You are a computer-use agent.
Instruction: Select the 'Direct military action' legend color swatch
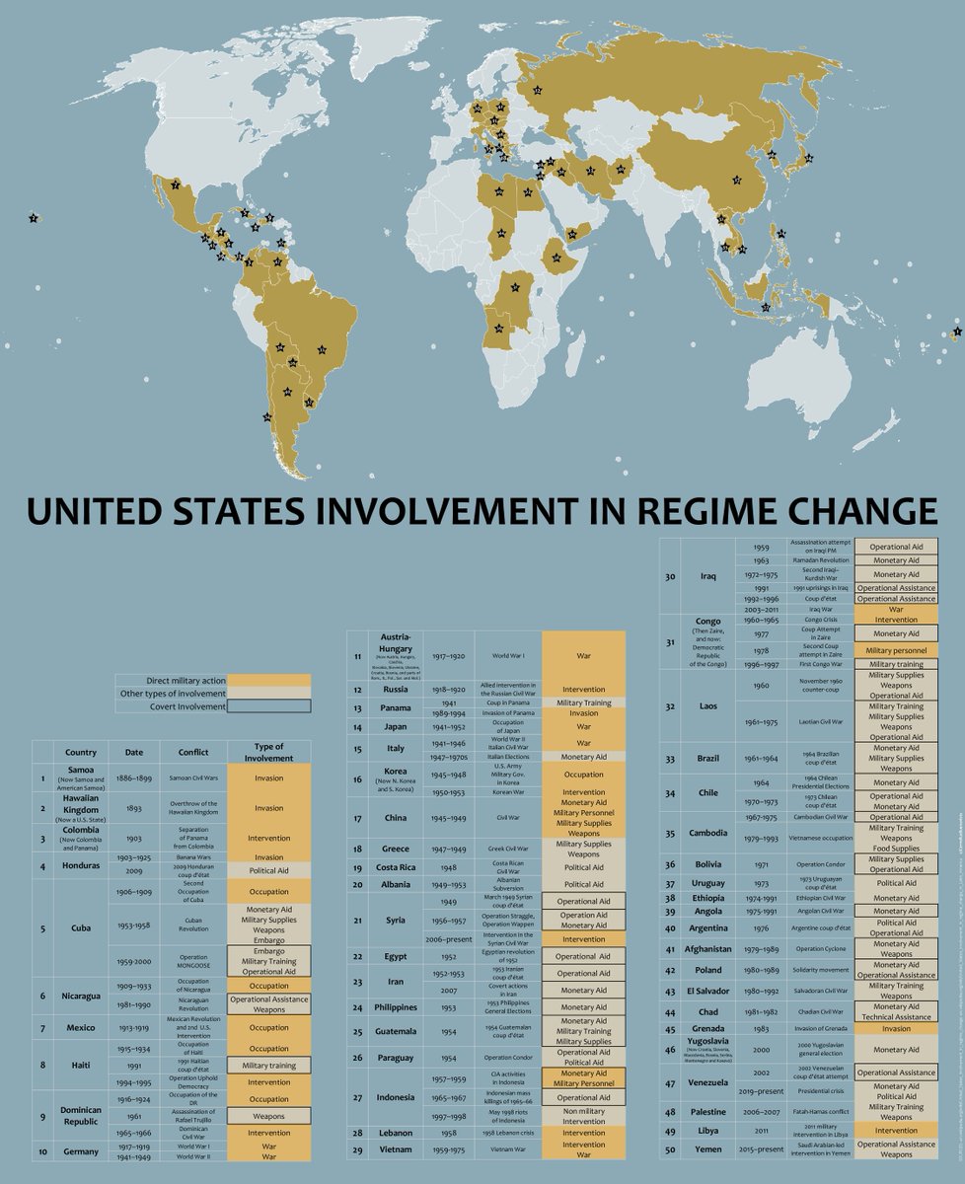[x=268, y=680]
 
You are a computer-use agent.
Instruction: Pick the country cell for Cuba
[x=81, y=927]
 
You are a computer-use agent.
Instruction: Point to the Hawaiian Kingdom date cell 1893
[x=134, y=807]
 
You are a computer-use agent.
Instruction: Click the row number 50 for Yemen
[x=669, y=1149]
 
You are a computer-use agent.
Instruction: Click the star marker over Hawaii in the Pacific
[x=34, y=218]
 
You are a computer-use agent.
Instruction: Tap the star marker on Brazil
[x=322, y=349]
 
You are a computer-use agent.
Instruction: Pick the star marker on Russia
[x=537, y=91]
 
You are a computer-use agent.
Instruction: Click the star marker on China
[x=736, y=180]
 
